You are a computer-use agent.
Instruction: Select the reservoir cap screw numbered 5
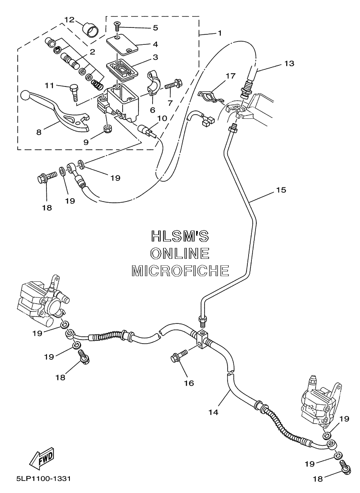pyautogui.click(x=117, y=26)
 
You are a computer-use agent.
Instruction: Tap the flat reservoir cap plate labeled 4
pyautogui.click(x=122, y=44)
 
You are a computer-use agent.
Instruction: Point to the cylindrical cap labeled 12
pyautogui.click(x=90, y=31)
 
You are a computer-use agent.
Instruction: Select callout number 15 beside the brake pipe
pyautogui.click(x=281, y=189)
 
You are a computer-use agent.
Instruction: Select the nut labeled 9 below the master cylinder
pyautogui.click(x=107, y=129)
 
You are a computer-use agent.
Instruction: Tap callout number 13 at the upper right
pyautogui.click(x=289, y=64)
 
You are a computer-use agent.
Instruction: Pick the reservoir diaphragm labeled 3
pyautogui.click(x=122, y=69)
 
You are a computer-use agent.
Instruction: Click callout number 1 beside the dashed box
pyautogui.click(x=220, y=33)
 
